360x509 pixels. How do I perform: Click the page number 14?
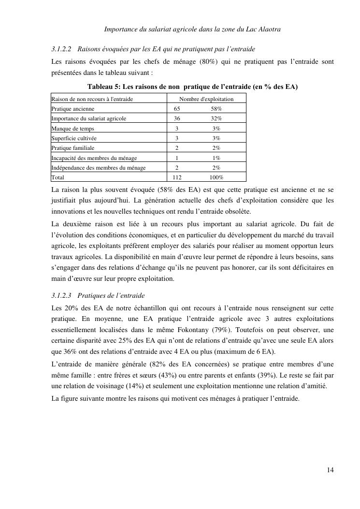[x=331, y=470]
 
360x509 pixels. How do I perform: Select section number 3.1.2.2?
[x=61, y=49]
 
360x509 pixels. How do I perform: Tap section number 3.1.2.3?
[x=61, y=295]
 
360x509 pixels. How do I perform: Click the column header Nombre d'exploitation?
[x=206, y=99]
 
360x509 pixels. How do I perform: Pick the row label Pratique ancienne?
[x=70, y=109]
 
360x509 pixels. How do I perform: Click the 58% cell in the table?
[x=216, y=109]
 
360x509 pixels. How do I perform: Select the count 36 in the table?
[x=177, y=118]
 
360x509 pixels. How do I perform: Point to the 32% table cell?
[x=216, y=118]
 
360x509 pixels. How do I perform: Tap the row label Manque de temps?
[x=72, y=129]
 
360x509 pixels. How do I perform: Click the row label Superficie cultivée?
[x=73, y=138]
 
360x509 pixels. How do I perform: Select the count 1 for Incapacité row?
[x=177, y=158]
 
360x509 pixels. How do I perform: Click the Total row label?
[x=58, y=177]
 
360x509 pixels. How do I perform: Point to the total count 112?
[x=177, y=177]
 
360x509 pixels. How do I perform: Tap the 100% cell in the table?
[x=216, y=177]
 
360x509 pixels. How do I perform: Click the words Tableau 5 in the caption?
[x=102, y=87]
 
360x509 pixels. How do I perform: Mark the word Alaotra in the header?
[x=269, y=30]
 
